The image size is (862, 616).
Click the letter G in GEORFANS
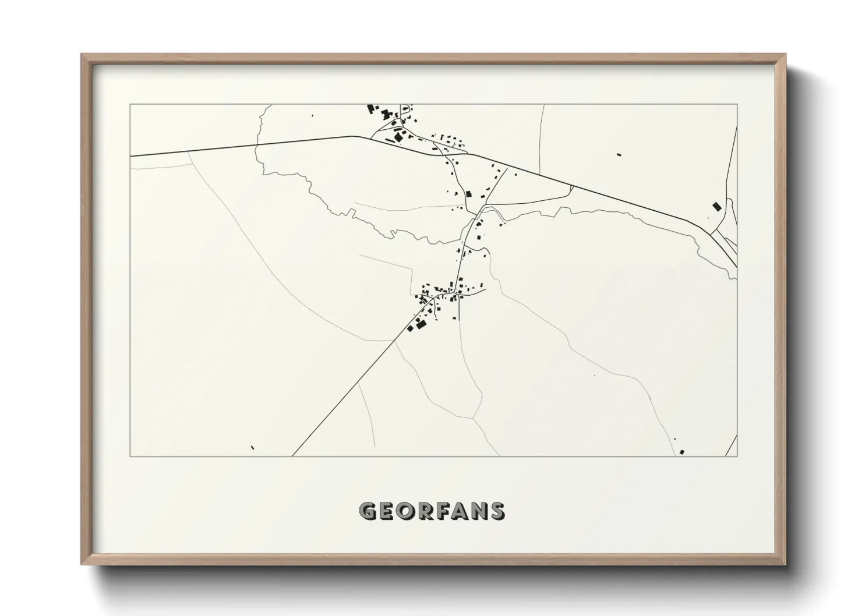tap(368, 511)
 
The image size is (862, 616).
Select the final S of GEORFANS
tap(497, 511)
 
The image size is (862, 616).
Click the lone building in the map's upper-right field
tap(619, 155)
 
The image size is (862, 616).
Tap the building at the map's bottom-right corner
tap(681, 451)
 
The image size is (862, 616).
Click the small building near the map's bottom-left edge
tap(252, 447)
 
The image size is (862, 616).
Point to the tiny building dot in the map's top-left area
tap(312, 116)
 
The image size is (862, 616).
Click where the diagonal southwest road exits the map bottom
tap(292, 455)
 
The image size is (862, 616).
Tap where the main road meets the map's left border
tap(131, 156)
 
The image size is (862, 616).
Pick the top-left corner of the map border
tap(130, 104)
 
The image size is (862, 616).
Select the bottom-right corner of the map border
tap(737, 456)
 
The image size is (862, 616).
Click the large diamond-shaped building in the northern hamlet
tap(399, 137)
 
